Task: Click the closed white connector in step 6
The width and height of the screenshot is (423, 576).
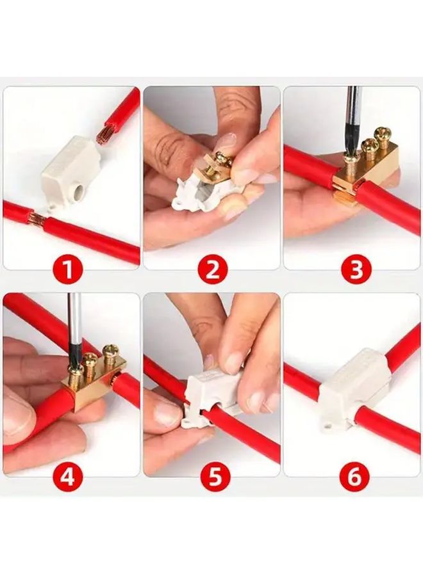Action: [352, 384]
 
